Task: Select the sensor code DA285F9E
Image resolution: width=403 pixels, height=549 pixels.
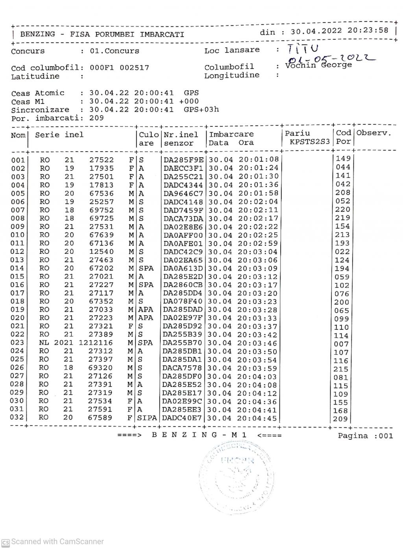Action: (183, 160)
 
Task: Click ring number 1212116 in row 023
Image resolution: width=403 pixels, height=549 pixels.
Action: (96, 343)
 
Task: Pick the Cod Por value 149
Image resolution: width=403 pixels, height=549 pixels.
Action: (343, 159)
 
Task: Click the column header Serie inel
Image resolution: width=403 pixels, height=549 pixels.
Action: (59, 135)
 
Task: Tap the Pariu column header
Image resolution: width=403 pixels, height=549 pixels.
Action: (297, 133)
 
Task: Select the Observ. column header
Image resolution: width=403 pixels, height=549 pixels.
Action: (374, 133)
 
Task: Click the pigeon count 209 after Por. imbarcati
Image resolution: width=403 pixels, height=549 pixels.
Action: (97, 118)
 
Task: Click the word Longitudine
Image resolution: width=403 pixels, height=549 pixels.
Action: (231, 76)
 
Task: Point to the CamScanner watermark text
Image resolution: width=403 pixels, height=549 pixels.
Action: (57, 542)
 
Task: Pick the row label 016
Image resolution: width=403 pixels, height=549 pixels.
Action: (17, 285)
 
